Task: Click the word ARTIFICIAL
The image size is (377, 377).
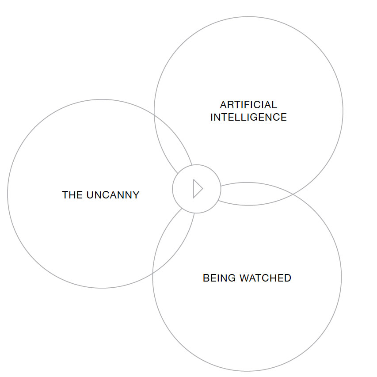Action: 248,105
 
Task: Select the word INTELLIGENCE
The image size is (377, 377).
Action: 248,118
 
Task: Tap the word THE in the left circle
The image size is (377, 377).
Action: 72,195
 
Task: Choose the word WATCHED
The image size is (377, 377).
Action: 265,278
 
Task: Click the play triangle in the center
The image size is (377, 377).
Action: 197,189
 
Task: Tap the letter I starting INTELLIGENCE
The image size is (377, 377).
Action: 212,118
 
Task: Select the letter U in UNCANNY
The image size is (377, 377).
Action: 90,195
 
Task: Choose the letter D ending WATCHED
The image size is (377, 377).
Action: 288,278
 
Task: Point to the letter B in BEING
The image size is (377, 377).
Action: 206,278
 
